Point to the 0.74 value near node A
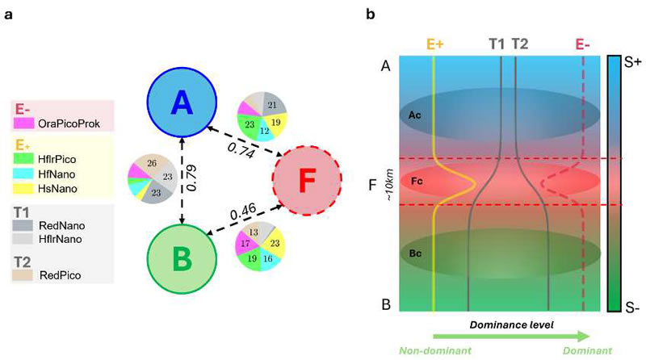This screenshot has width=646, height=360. (x=237, y=147)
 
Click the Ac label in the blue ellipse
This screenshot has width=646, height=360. (x=417, y=115)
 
